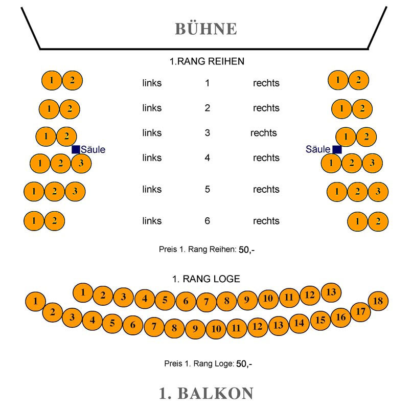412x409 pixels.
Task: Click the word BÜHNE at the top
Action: tap(206, 29)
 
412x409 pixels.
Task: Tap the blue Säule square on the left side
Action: tap(76, 149)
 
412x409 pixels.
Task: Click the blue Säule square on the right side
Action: tap(337, 149)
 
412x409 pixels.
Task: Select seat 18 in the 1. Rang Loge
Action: tap(378, 301)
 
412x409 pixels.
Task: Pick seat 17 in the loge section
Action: tap(360, 311)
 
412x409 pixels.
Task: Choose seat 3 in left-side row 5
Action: tap(75, 192)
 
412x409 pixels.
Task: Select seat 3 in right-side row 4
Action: tap(373, 163)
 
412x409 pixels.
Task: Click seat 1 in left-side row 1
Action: tap(52, 80)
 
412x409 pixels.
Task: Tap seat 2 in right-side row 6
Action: tap(378, 221)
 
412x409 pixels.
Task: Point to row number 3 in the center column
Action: tap(207, 133)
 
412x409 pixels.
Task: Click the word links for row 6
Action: tap(152, 221)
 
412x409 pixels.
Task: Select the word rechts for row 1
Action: tap(266, 83)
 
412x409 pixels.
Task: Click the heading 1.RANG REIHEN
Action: tap(207, 61)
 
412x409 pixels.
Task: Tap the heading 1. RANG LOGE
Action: tap(206, 279)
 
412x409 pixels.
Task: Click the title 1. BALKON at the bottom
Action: tap(206, 393)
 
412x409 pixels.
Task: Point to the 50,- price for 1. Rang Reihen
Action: tap(246, 250)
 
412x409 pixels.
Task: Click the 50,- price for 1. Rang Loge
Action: tap(244, 364)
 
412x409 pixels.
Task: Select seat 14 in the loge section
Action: tap(300, 323)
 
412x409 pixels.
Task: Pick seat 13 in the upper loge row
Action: tap(331, 292)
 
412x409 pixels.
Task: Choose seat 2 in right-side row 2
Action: tap(362, 109)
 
